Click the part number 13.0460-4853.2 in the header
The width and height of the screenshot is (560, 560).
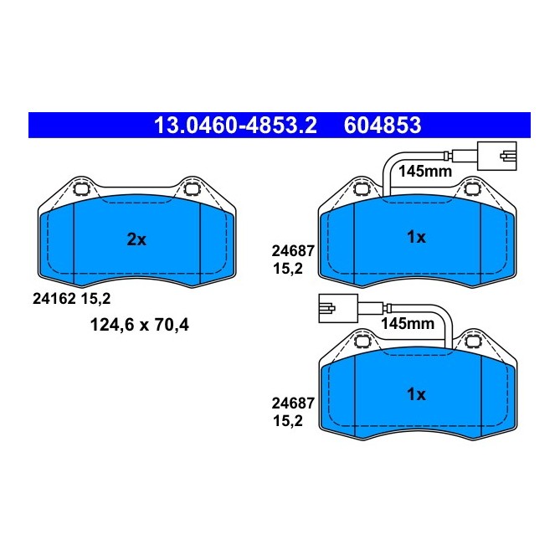tap(234, 126)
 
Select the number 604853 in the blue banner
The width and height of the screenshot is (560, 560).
tap(382, 126)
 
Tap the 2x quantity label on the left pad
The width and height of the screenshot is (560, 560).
tap(136, 239)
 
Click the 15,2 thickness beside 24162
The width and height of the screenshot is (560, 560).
tap(95, 296)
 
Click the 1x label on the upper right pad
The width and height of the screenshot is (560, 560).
tap(416, 238)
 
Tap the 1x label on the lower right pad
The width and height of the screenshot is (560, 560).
tap(416, 393)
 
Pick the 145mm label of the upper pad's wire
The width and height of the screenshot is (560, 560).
tap(424, 171)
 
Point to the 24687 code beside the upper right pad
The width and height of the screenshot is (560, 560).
tap(290, 250)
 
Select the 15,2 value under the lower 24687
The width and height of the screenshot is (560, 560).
tap(287, 424)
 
